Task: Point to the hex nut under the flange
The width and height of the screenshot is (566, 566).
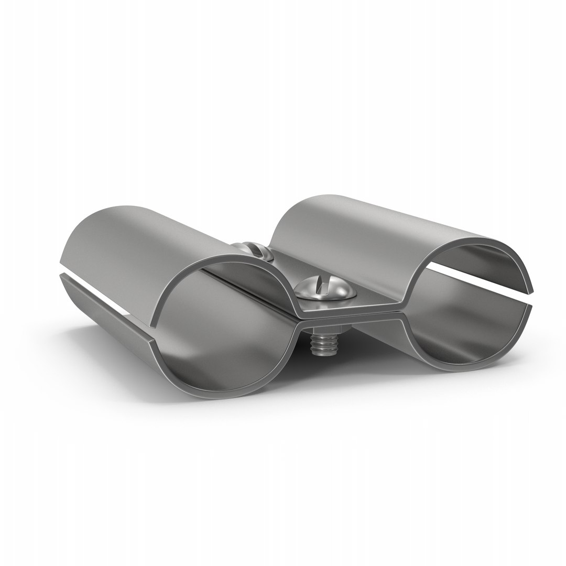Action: pyautogui.click(x=325, y=330)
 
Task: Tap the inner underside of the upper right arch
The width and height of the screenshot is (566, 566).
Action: pyautogui.click(x=472, y=262)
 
